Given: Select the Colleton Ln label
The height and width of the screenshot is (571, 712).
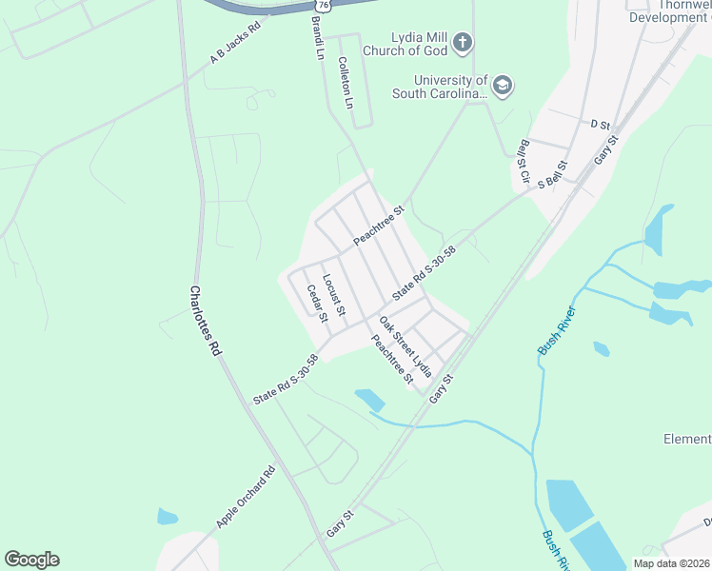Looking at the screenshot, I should [x=346, y=80].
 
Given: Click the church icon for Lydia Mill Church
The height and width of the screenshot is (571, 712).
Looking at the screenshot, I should [x=462, y=42].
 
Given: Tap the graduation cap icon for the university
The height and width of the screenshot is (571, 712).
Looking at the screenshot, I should [x=503, y=88].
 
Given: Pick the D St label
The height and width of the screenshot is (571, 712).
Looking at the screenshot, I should [x=599, y=124].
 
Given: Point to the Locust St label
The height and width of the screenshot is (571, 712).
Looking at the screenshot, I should [x=333, y=295].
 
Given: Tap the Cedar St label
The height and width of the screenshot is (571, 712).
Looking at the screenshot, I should [x=317, y=304].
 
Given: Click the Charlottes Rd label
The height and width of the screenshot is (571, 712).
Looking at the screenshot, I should [x=206, y=321].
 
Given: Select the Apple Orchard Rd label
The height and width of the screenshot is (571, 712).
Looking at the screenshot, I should [x=246, y=497].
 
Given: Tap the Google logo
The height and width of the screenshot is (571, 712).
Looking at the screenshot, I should [x=31, y=560].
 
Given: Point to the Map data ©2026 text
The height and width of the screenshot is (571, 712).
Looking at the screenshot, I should [x=671, y=563].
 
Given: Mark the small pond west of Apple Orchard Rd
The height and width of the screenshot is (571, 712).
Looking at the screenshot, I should [x=168, y=518].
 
